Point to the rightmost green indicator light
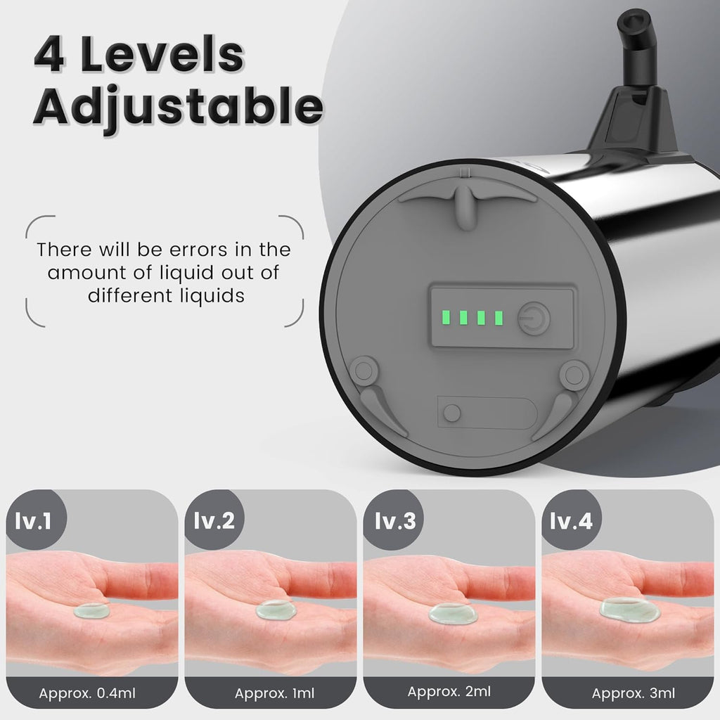(x=499, y=318)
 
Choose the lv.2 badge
(x=211, y=521)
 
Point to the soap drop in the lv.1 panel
(x=91, y=610)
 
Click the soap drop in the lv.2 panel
(x=274, y=610)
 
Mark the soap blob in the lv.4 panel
(x=629, y=610)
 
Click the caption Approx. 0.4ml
(x=87, y=694)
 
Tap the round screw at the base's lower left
(x=364, y=368)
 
